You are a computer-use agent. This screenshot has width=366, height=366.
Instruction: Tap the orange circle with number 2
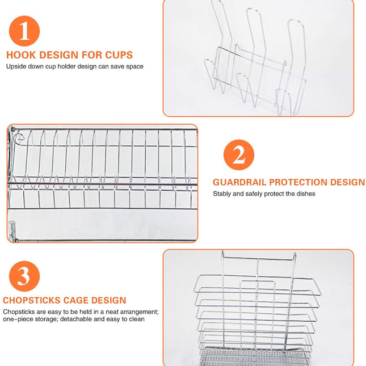[238, 154]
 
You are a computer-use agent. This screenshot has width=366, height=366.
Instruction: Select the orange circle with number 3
[24, 276]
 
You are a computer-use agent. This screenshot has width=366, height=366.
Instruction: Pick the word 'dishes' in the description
[304, 194]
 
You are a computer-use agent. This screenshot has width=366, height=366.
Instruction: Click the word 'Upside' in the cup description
[16, 66]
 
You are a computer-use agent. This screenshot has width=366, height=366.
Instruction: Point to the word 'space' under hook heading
[134, 66]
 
